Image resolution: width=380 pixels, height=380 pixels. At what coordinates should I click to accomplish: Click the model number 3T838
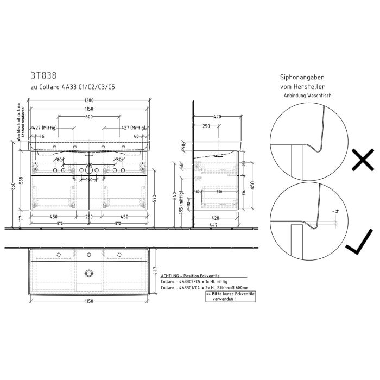point(43,76)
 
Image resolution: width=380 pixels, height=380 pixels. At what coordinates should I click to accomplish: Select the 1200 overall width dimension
point(89,100)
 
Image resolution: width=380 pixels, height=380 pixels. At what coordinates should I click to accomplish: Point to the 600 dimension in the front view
point(88,117)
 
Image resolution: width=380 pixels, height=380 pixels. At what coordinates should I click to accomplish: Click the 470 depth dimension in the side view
point(217,117)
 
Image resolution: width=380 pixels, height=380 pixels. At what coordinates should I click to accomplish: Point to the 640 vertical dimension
point(175,195)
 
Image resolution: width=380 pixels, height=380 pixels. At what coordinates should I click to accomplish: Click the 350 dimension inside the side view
point(219,192)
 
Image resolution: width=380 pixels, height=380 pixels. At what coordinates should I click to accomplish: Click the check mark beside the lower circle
point(359,242)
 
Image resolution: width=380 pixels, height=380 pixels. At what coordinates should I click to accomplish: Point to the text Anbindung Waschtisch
point(307,96)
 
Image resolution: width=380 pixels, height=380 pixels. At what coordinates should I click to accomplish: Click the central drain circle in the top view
point(89,273)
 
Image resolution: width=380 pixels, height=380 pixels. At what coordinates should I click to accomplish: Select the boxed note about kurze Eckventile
point(230,296)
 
